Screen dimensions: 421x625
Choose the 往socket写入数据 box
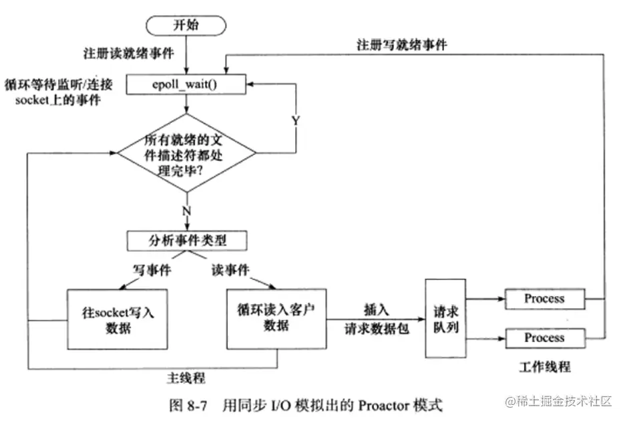tap(111, 319)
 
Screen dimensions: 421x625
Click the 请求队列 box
tap(444, 318)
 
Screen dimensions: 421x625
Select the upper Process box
tap(544, 299)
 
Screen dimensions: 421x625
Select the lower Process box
tap(544, 337)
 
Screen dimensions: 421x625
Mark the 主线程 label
tap(185, 378)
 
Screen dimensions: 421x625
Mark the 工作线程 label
tap(544, 367)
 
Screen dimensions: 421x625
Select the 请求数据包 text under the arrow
tap(374, 329)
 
